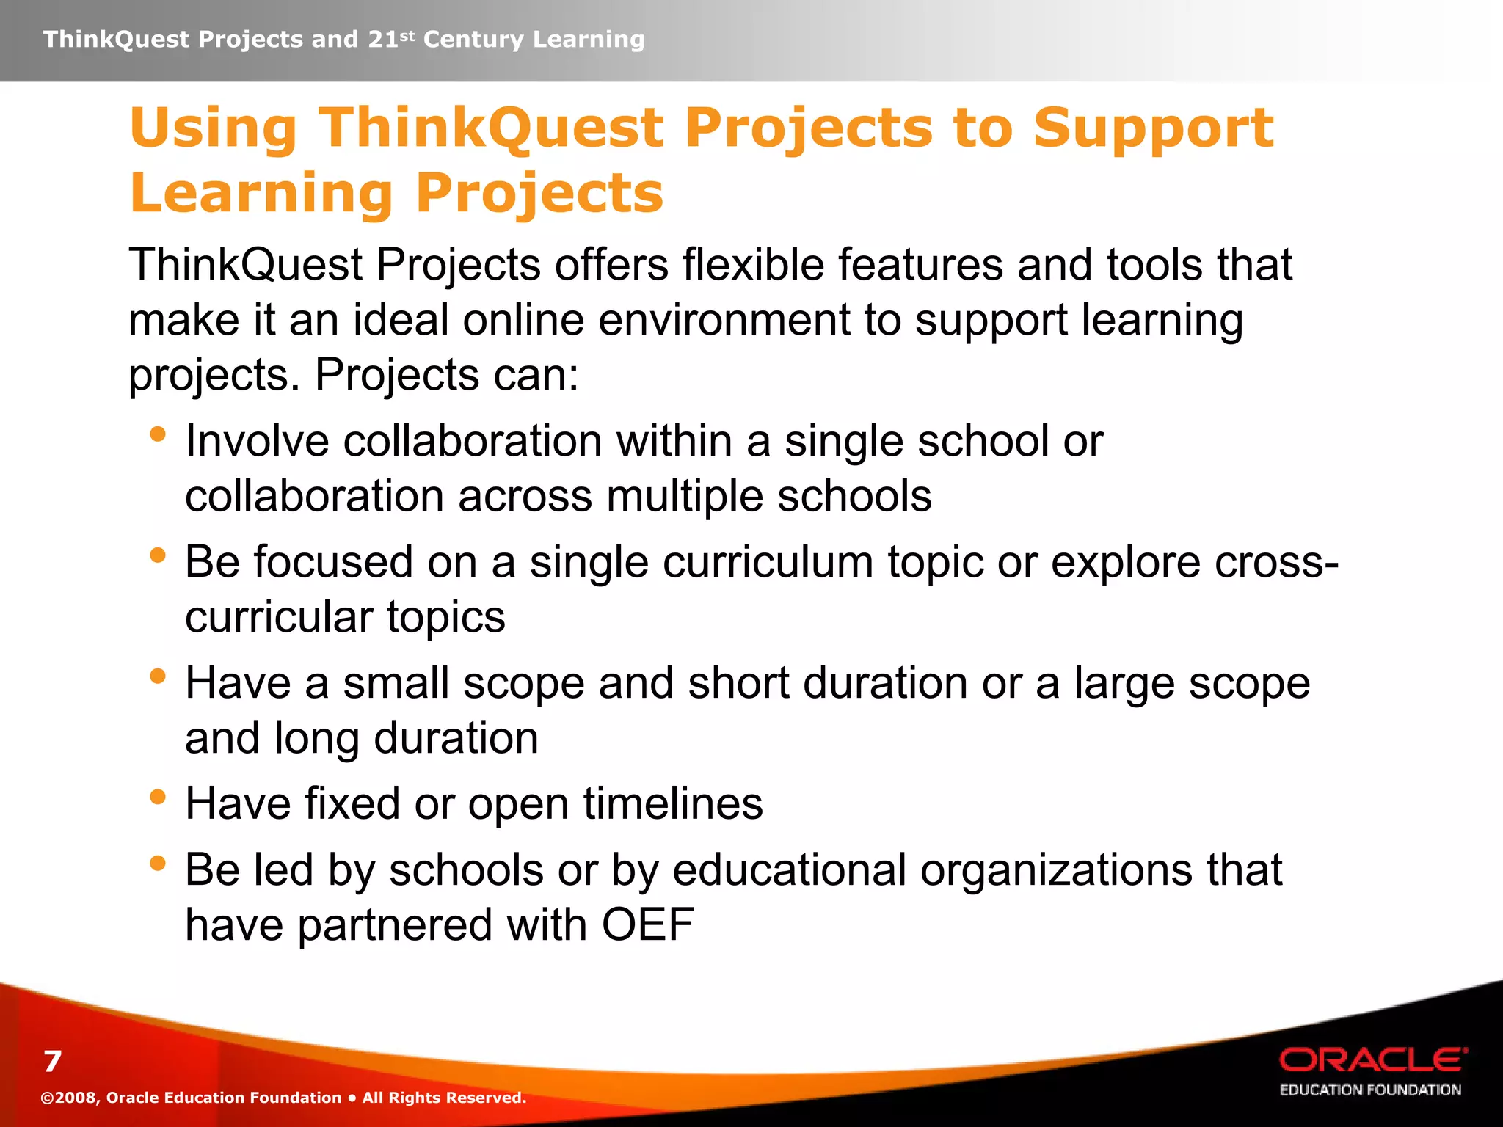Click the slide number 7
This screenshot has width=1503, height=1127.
coord(52,1062)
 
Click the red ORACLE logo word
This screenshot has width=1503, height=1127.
coord(1372,1060)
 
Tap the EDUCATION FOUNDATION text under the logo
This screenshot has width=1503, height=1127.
coord(1370,1090)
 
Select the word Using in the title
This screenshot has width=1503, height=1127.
coord(213,129)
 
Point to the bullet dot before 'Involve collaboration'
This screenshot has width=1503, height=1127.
coord(157,434)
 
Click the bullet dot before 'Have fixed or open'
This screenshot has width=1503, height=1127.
coord(157,797)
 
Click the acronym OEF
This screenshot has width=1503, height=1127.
coord(647,924)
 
